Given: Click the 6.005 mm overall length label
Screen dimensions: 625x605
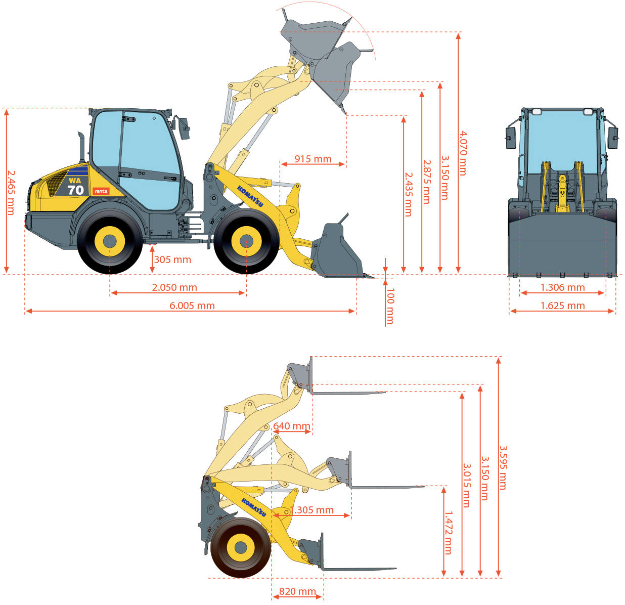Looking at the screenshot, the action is [192, 305].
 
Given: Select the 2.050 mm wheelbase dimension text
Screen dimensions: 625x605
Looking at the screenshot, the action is [174, 287].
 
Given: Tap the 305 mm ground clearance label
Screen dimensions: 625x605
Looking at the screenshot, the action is [172, 260].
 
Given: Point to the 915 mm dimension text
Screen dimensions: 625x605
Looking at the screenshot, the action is [313, 159].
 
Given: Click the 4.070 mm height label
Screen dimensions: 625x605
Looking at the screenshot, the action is [463, 153].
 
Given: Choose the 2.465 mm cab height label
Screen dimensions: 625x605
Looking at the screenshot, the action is [11, 192].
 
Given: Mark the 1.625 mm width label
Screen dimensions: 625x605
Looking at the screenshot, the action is [562, 305].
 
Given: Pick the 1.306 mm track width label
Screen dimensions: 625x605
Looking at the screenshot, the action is [562, 287].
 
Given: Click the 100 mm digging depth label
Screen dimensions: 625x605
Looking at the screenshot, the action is [389, 306].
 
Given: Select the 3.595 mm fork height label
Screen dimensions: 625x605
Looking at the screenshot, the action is [503, 467].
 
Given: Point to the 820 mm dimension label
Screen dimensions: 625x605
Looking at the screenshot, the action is [297, 591].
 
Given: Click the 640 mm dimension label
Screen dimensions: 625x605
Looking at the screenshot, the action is [292, 426].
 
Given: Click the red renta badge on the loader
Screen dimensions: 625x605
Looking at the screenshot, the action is [101, 191].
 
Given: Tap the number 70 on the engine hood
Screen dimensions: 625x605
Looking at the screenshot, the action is [76, 190].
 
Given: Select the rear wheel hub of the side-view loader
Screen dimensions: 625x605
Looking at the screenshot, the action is [110, 241].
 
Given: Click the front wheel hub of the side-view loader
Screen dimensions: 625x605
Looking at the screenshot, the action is [246, 241].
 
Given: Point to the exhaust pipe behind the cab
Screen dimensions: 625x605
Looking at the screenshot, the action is [82, 147].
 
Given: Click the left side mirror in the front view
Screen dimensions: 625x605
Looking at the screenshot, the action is [511, 138].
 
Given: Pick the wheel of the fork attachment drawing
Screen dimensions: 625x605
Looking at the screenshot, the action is [241, 547].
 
